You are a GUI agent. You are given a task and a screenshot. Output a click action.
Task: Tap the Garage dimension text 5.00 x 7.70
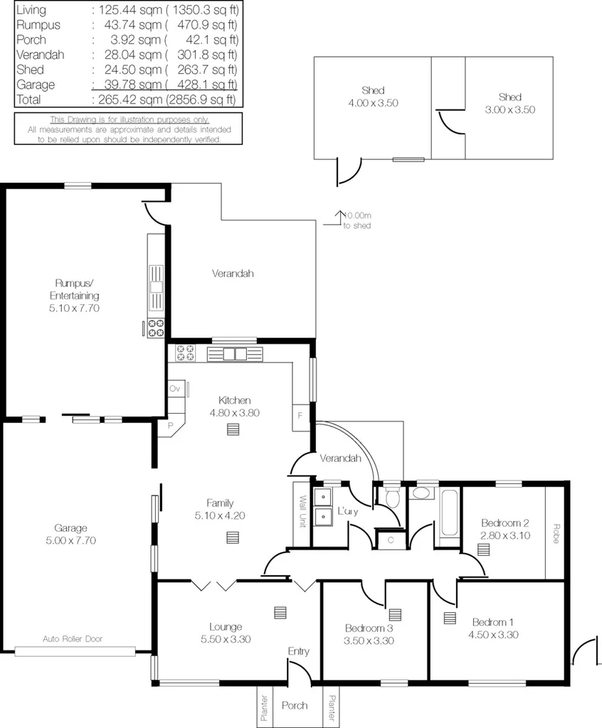coord(70,540)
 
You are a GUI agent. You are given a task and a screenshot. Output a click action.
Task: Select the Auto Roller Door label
coord(73,638)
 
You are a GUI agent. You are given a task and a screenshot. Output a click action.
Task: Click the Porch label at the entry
coord(295,705)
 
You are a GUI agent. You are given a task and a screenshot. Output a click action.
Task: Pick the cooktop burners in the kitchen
coord(186,353)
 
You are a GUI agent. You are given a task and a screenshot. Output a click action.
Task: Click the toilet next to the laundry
coord(391,496)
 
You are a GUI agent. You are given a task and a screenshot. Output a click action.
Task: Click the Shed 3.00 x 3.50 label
coord(509,104)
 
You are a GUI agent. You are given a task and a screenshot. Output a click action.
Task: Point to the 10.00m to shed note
coord(356,220)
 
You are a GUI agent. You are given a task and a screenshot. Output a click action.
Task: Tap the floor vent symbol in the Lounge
coord(280,612)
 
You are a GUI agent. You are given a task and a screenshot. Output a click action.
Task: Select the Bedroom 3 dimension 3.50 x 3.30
coord(369,641)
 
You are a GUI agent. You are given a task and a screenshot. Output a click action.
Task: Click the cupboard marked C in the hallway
coord(391,540)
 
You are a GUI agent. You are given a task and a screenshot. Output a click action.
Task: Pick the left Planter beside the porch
coord(264,707)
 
